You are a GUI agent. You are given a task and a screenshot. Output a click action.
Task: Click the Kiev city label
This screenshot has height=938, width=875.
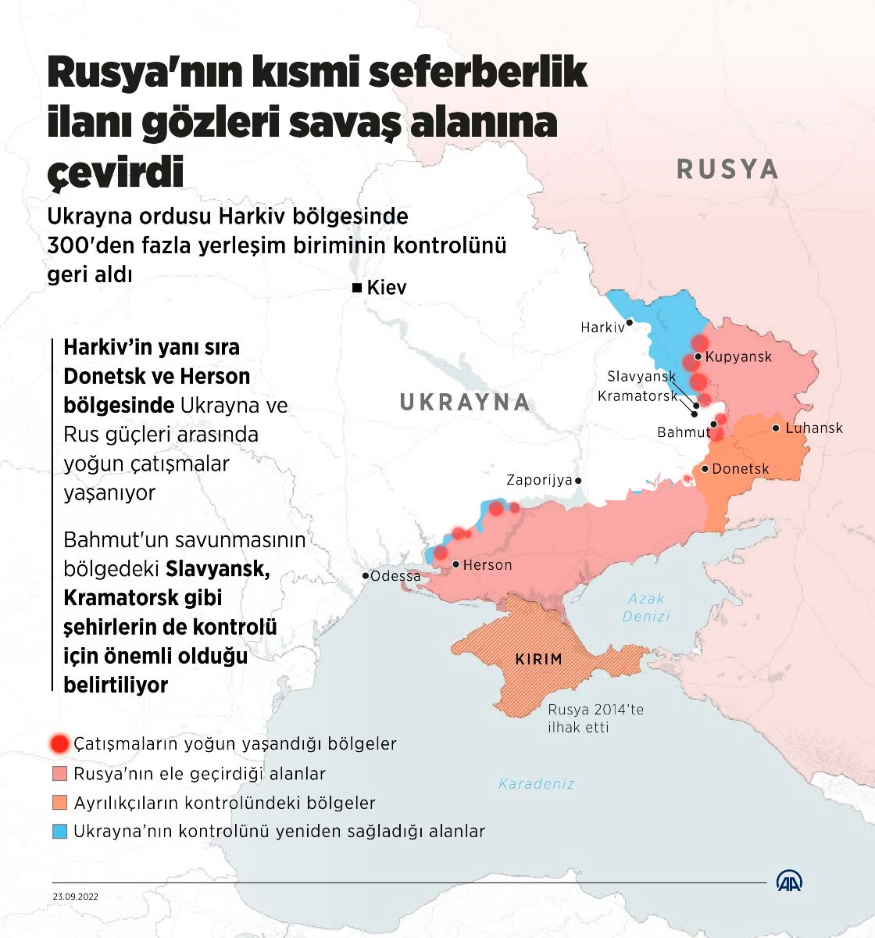click(x=387, y=288)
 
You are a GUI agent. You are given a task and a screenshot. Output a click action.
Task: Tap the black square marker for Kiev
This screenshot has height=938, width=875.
click(x=357, y=288)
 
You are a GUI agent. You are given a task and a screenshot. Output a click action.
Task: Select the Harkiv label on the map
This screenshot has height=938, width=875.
click(x=602, y=328)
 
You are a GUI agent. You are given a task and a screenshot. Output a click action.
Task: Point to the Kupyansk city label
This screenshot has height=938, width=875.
click(x=737, y=357)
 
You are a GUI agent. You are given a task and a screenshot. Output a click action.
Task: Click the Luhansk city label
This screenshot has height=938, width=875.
click(x=814, y=428)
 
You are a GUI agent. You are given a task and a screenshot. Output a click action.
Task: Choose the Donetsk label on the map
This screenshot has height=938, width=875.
click(x=740, y=469)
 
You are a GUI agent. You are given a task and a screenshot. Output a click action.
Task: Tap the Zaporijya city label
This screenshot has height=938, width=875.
click(x=539, y=480)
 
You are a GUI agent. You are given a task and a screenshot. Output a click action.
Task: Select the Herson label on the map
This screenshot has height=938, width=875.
click(x=487, y=564)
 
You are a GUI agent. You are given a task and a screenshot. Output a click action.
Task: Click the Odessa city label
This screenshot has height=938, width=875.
click(x=395, y=576)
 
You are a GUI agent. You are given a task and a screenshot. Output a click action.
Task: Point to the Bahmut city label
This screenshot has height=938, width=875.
click(x=684, y=432)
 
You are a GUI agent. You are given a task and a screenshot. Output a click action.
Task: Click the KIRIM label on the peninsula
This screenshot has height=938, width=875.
click(x=538, y=659)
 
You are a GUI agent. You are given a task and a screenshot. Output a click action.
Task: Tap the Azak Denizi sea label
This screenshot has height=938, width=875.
click(x=646, y=607)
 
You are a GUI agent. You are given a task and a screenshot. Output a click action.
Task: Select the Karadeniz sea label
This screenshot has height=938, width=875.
click(x=536, y=783)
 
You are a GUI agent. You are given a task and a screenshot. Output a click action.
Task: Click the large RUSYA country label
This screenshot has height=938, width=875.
click(x=727, y=169)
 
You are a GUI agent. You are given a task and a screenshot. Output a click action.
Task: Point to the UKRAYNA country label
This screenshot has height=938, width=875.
click(x=465, y=403)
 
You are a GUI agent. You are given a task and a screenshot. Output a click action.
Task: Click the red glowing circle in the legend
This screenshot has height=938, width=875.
click(x=59, y=743)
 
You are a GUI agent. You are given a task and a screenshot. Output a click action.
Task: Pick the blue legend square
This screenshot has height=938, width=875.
click(x=59, y=832)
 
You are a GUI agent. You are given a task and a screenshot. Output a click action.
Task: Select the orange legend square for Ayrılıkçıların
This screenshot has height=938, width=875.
click(x=59, y=803)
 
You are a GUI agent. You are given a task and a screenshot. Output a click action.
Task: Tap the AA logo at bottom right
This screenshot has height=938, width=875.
click(x=789, y=881)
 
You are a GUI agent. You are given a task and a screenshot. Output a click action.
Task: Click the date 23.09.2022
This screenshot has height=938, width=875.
click(x=76, y=897)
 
